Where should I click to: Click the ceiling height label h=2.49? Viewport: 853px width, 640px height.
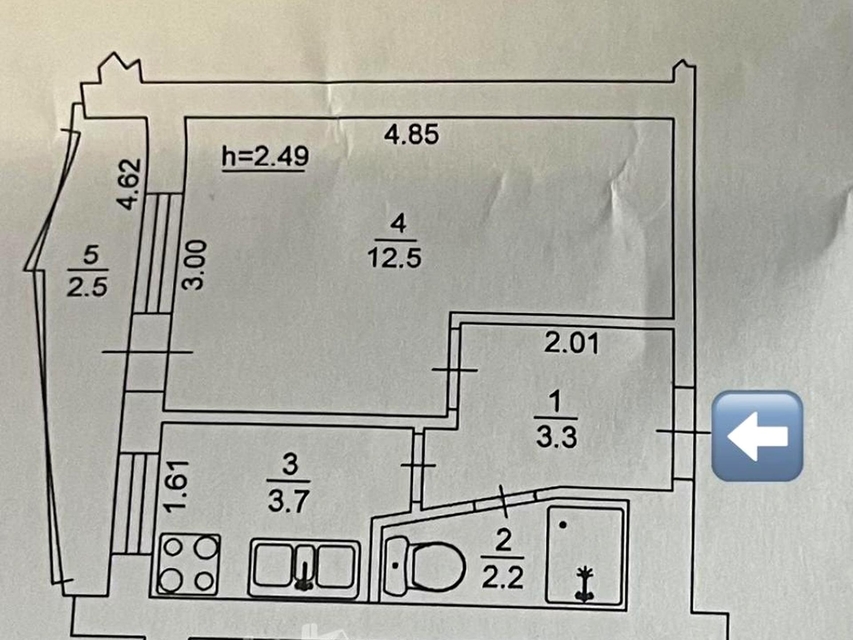(265, 156)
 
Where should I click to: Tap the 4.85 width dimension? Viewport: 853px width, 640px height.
(411, 134)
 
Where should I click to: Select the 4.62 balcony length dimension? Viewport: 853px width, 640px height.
(129, 184)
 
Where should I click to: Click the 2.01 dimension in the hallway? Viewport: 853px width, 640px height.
(572, 343)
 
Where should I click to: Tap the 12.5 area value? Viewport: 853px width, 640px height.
(395, 258)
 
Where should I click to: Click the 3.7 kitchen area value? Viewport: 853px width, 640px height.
(289, 501)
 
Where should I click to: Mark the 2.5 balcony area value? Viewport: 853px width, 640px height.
(87, 287)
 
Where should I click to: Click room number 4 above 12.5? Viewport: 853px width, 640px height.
(398, 224)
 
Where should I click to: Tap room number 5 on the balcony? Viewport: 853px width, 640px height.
(91, 255)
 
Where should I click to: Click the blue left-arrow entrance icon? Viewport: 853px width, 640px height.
(757, 436)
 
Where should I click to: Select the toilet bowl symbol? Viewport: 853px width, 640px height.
(424, 566)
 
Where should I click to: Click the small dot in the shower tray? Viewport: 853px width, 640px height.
(563, 525)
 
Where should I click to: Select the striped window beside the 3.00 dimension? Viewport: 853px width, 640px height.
(158, 253)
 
